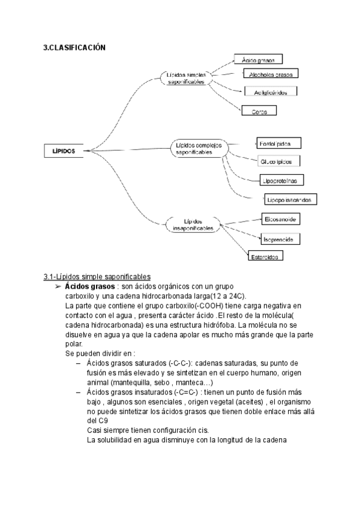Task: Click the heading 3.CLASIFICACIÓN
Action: [74, 47]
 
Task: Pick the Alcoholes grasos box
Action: [270, 74]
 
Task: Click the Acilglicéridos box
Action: [271, 92]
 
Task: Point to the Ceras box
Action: [259, 111]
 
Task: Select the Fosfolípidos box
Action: [278, 143]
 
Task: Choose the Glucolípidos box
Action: [280, 162]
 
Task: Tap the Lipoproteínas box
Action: [283, 180]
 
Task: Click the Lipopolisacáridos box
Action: [292, 199]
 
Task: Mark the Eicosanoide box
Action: [281, 219]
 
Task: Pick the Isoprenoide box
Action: [281, 239]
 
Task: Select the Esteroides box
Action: [266, 256]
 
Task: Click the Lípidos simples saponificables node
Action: [187, 78]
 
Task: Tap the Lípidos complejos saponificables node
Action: [199, 149]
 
